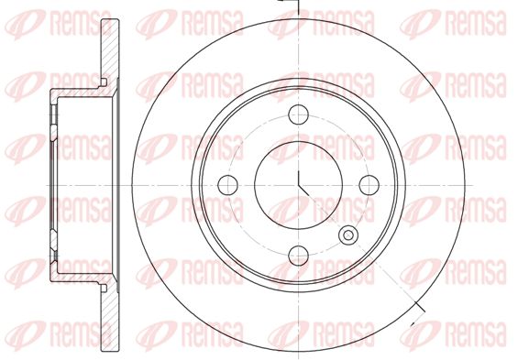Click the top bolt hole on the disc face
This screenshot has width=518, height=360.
click(x=298, y=115)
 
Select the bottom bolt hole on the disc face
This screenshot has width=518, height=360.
click(x=298, y=256)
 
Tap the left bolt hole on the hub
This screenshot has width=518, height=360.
click(x=227, y=185)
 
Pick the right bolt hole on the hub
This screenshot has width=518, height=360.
click(x=369, y=185)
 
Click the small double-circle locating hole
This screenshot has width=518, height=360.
click(x=348, y=235)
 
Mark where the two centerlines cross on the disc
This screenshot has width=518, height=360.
click(x=298, y=185)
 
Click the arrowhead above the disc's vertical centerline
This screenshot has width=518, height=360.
click(x=281, y=1)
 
